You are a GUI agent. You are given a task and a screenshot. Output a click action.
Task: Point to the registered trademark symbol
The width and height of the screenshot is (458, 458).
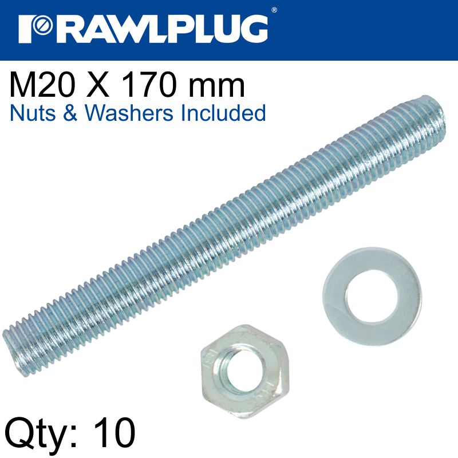(x=274, y=10)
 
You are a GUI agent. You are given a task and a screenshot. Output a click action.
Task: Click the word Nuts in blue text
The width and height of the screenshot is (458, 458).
(x=32, y=113)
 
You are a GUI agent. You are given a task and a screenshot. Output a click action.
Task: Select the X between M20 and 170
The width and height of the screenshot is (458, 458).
(x=101, y=86)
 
